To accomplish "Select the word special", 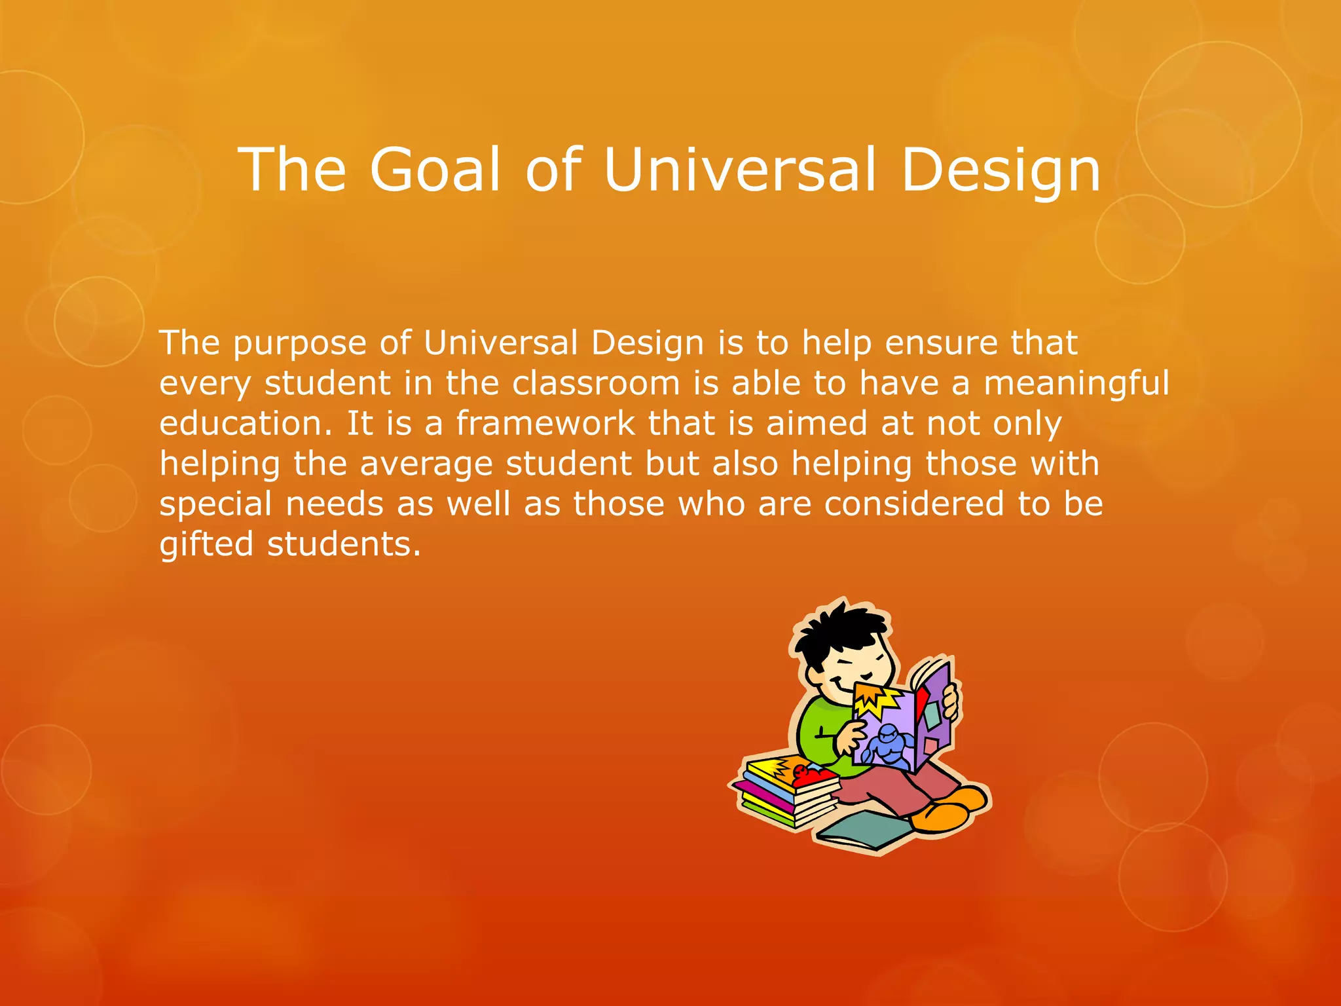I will click(x=215, y=505).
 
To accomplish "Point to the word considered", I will click(x=913, y=504).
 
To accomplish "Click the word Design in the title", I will click(x=1000, y=170).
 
